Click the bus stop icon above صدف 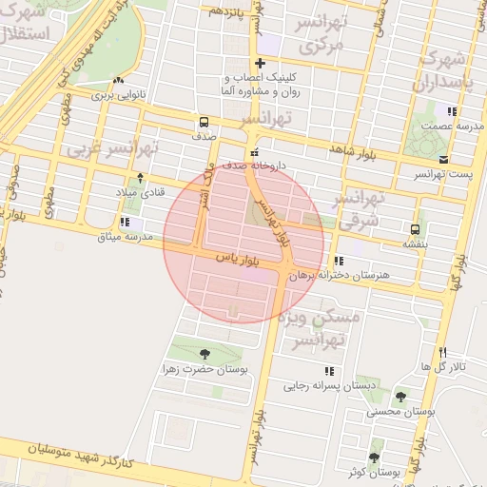[x=204, y=122]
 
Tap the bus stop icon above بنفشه [x=415, y=229]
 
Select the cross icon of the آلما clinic [x=260, y=64]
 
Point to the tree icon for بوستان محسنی [x=399, y=398]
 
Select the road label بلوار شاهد [x=348, y=150]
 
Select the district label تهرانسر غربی [x=112, y=150]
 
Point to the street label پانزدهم [x=228, y=11]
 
